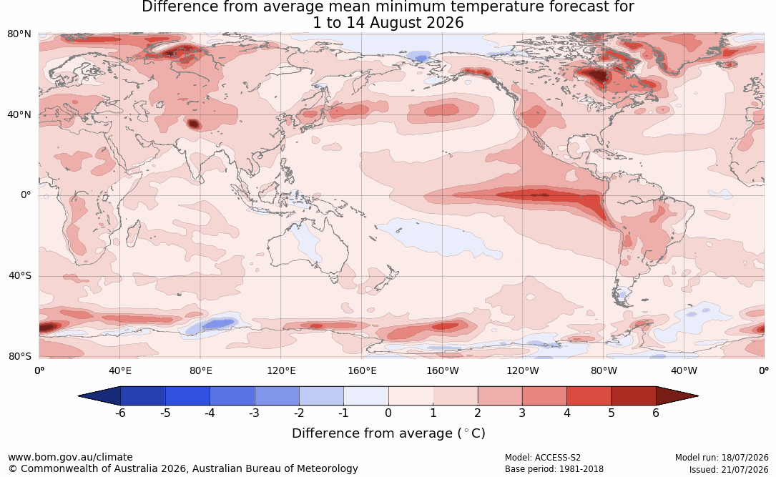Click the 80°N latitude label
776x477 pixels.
(19, 34)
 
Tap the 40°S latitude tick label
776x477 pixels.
(20, 275)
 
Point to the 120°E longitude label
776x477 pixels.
(281, 370)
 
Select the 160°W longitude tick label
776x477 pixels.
(443, 370)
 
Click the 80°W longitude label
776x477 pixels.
(604, 370)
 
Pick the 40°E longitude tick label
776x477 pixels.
(119, 370)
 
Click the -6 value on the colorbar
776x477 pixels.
(119, 413)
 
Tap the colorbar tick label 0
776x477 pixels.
(388, 413)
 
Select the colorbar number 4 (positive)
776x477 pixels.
(567, 413)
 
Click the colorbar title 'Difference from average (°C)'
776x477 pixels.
(388, 433)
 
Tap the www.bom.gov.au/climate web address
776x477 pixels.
(70, 457)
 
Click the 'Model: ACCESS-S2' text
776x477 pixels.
(543, 458)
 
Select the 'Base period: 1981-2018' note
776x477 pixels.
(554, 469)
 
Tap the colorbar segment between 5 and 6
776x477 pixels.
(634, 396)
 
